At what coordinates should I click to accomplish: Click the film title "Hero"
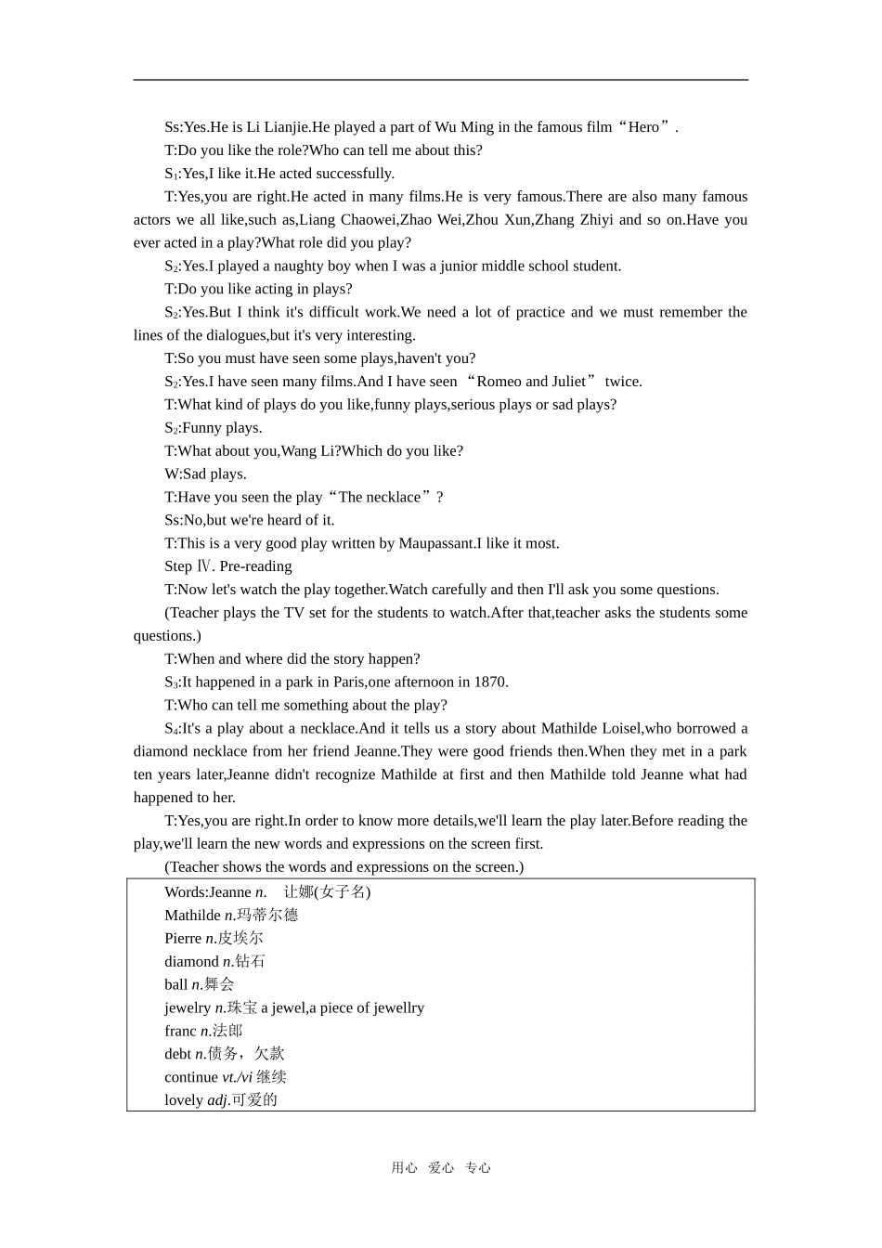[643, 127]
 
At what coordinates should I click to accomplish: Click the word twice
[623, 382]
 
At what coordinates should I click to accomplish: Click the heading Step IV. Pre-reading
[228, 566]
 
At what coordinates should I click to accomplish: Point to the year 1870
[490, 682]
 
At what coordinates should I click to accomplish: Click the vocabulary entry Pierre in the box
[183, 938]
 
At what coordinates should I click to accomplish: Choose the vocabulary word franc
[180, 1031]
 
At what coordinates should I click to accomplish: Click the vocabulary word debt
[177, 1054]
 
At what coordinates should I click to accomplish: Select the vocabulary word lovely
[184, 1100]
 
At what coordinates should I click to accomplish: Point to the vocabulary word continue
[191, 1077]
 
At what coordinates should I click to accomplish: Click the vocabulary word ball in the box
[176, 984]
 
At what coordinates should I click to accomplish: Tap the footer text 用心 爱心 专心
[441, 1168]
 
